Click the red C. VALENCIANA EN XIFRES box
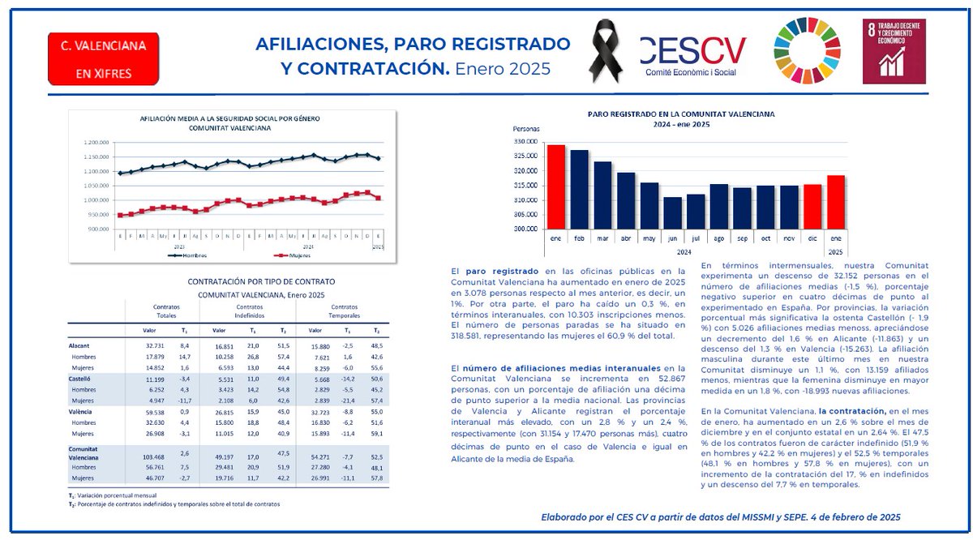[x=104, y=59]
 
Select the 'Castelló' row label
[x=79, y=378]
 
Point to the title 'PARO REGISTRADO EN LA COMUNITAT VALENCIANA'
[x=681, y=114]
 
